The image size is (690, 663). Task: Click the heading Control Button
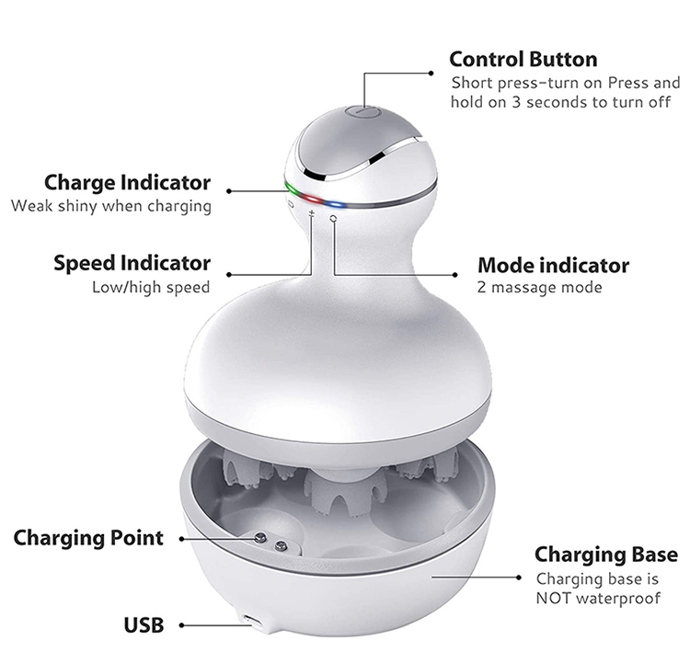[523, 60]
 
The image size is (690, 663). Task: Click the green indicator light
[293, 191]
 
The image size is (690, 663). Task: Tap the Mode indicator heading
[553, 266]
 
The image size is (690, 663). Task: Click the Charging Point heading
[88, 537]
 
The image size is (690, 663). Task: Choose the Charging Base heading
[605, 554]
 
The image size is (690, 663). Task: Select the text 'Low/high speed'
[151, 288]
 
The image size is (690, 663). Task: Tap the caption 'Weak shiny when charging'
[110, 205]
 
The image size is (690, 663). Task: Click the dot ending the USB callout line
[183, 625]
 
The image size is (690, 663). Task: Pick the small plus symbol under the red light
[312, 214]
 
